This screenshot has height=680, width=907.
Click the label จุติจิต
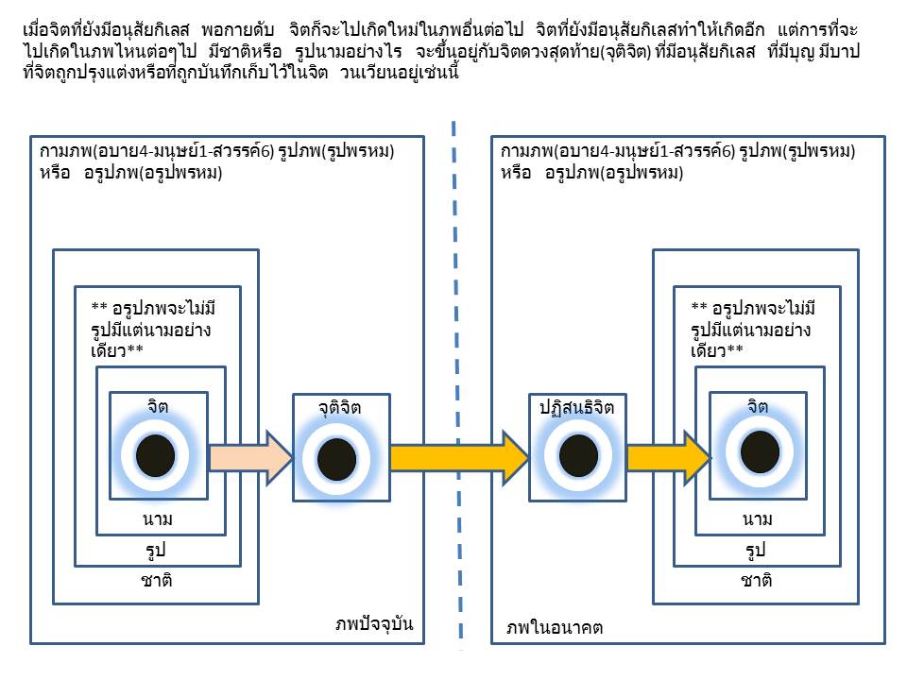pos(340,408)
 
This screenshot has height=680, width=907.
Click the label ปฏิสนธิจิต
pos(576,408)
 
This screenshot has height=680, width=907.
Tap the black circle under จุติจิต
pos(336,459)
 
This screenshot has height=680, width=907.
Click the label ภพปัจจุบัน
pos(375,624)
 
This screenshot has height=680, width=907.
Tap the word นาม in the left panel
pos(158,518)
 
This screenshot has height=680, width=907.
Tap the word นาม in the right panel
pos(758,518)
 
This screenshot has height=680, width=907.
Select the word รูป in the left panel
pos(156,550)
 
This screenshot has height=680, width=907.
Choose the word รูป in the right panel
pos(756,550)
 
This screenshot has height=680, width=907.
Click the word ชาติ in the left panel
pos(155,581)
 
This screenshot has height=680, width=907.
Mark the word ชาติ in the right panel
pos(756,581)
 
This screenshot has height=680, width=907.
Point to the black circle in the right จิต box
pos(759,447)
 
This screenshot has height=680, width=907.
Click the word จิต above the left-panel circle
pos(158,407)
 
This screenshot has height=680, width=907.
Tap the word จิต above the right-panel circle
pos(758,407)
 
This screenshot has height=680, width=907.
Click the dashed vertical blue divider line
pos(456,283)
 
